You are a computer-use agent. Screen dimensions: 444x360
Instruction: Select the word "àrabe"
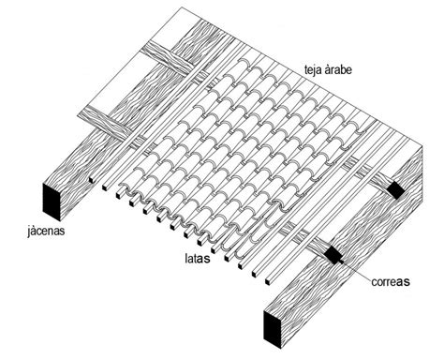tap(340, 68)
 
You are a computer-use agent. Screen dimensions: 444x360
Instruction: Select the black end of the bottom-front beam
tap(272, 326)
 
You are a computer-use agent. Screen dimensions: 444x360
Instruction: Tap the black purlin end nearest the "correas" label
tap(332, 253)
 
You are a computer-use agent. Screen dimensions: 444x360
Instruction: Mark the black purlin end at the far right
tap(397, 189)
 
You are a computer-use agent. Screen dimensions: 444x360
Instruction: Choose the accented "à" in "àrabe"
tap(328, 68)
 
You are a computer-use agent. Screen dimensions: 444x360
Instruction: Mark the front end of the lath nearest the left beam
tap(104, 187)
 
